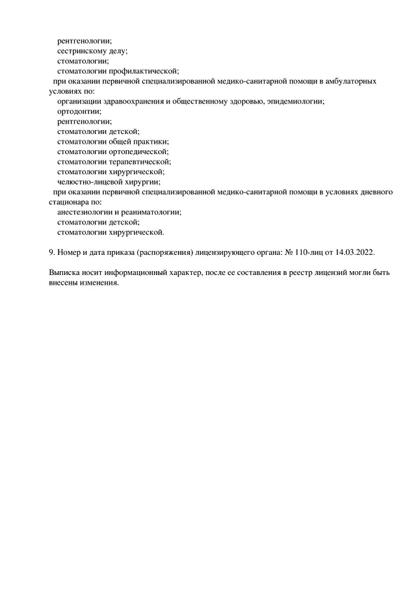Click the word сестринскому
point(82,51)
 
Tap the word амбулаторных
point(352,81)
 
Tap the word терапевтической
point(138,161)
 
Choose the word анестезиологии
point(84,212)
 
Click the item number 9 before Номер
point(51,252)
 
